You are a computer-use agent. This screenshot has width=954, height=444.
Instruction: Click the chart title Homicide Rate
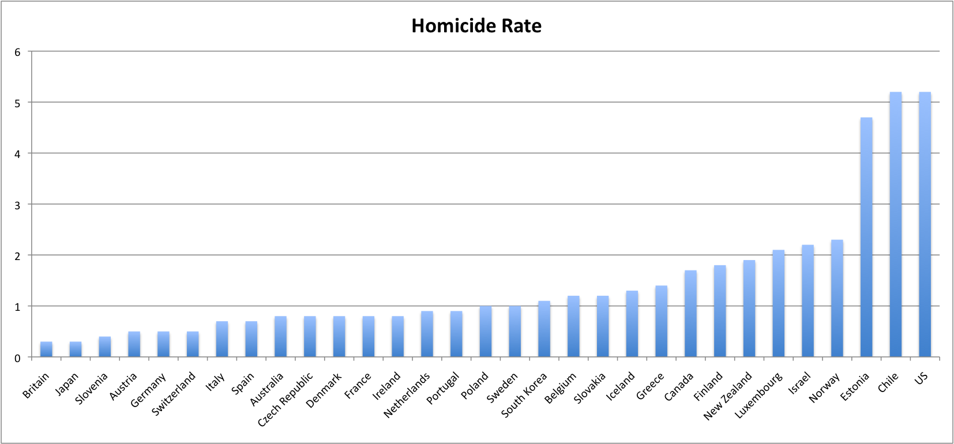click(x=476, y=26)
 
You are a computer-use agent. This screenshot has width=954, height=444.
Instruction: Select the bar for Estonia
click(x=866, y=238)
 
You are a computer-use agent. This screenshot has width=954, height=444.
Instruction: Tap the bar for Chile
click(x=895, y=225)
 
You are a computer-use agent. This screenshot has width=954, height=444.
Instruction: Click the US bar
click(x=925, y=225)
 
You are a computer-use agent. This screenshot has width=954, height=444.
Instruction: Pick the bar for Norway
click(x=837, y=299)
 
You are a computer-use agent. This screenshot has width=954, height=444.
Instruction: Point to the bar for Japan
click(x=76, y=349)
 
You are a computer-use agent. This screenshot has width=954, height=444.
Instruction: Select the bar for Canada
click(x=690, y=314)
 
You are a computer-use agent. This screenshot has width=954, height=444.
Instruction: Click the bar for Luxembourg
click(x=778, y=304)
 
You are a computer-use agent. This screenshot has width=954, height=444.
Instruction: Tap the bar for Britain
click(x=46, y=349)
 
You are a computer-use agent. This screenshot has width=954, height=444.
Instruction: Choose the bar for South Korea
click(x=544, y=329)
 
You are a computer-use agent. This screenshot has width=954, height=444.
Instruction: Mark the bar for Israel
click(x=807, y=301)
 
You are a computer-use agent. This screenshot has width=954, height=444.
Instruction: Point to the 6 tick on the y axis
click(x=18, y=52)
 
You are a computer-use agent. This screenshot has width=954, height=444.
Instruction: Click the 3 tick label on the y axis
click(x=18, y=205)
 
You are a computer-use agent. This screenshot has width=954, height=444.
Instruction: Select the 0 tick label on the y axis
click(x=18, y=358)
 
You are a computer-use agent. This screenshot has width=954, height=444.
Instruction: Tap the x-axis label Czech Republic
click(x=286, y=399)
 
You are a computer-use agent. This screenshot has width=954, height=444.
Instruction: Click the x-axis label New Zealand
click(x=728, y=396)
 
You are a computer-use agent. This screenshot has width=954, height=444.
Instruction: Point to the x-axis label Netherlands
click(x=407, y=395)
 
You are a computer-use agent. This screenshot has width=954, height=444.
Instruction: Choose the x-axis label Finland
click(x=708, y=386)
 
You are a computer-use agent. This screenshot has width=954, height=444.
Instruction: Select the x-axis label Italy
click(x=215, y=382)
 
